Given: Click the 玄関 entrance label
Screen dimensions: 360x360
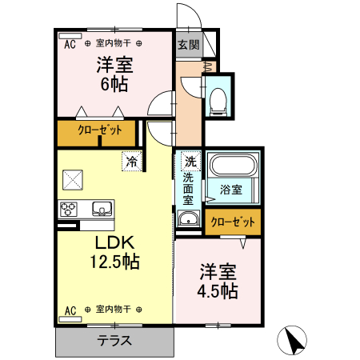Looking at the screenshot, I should click(x=189, y=44).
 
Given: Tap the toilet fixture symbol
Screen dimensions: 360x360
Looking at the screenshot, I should click(x=218, y=99).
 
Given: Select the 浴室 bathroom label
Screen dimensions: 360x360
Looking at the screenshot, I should click(x=231, y=190).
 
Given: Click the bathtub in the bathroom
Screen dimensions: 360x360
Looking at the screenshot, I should click(x=231, y=167).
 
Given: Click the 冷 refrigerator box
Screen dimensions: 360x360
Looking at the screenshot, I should click(x=132, y=161).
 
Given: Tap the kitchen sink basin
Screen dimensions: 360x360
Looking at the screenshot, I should click(x=102, y=209).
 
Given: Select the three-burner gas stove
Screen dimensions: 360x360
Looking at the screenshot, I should click(x=69, y=209).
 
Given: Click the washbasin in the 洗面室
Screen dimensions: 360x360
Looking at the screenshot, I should click(x=189, y=221).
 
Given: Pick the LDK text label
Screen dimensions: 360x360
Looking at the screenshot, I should click(x=114, y=242).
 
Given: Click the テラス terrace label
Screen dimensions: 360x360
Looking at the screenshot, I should click(x=115, y=340).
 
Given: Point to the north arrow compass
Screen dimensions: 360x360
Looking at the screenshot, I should click(x=294, y=341).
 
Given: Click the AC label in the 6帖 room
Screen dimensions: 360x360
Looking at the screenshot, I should click(x=70, y=43).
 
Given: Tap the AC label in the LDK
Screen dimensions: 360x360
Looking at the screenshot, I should click(x=70, y=309).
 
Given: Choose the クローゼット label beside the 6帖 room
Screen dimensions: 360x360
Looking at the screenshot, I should click(x=100, y=130).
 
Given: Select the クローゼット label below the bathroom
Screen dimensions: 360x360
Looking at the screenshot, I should click(x=233, y=222).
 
